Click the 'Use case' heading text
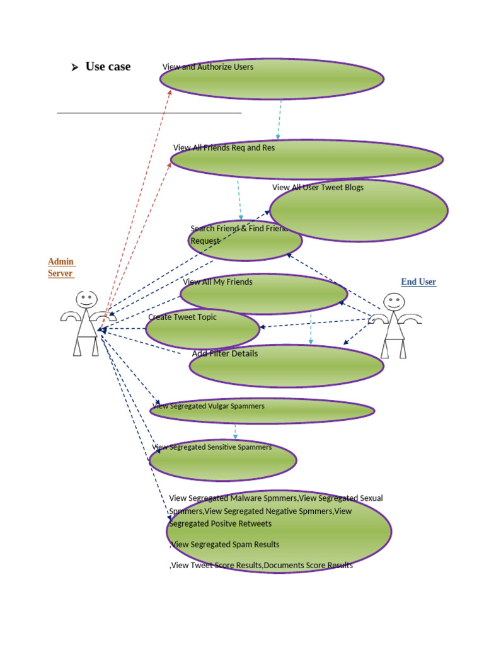[108, 67]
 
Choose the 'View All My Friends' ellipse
[263, 294]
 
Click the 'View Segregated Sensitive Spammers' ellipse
[222, 460]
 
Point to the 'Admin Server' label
[61, 268]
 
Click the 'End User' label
[418, 282]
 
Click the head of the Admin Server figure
[86, 299]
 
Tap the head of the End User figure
[394, 302]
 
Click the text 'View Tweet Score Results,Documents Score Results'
[262, 566]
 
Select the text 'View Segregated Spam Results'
[225, 544]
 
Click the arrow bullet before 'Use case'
[74, 67]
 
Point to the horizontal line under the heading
[149, 113]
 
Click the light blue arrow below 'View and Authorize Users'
[279, 120]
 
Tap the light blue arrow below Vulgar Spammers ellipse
[236, 431]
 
